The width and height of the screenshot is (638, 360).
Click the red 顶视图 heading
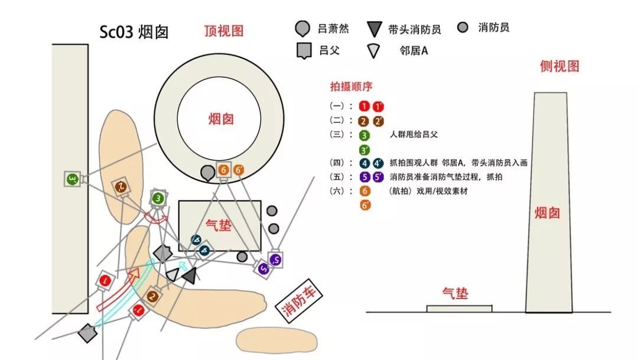[223, 31]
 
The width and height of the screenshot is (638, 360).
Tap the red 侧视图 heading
[559, 66]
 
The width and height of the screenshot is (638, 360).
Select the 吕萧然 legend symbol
[302, 28]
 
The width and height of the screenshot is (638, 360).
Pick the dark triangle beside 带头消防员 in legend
[374, 29]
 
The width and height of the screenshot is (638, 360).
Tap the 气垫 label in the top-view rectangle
[219, 225]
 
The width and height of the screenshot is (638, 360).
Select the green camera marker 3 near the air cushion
[158, 199]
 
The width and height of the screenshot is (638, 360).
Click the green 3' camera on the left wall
[72, 179]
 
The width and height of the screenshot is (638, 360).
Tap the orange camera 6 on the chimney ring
[223, 170]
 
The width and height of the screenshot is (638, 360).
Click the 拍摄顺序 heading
[351, 86]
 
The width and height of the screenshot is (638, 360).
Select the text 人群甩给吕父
[414, 135]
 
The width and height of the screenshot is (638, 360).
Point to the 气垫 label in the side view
[455, 293]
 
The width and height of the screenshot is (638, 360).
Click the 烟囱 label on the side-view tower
[548, 212]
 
